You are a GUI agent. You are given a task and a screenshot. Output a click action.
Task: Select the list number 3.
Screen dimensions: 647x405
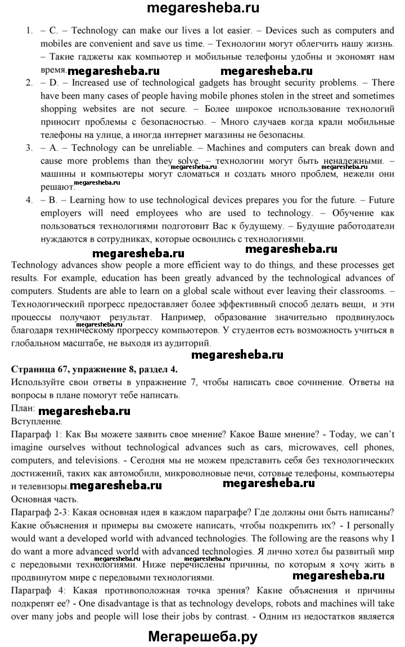pyautogui.click(x=29, y=148)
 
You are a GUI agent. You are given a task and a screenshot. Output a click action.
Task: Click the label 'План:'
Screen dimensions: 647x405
pyautogui.click(x=23, y=407)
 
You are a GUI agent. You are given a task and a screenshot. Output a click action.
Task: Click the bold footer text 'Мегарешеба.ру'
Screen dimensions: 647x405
pyautogui.click(x=202, y=636)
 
